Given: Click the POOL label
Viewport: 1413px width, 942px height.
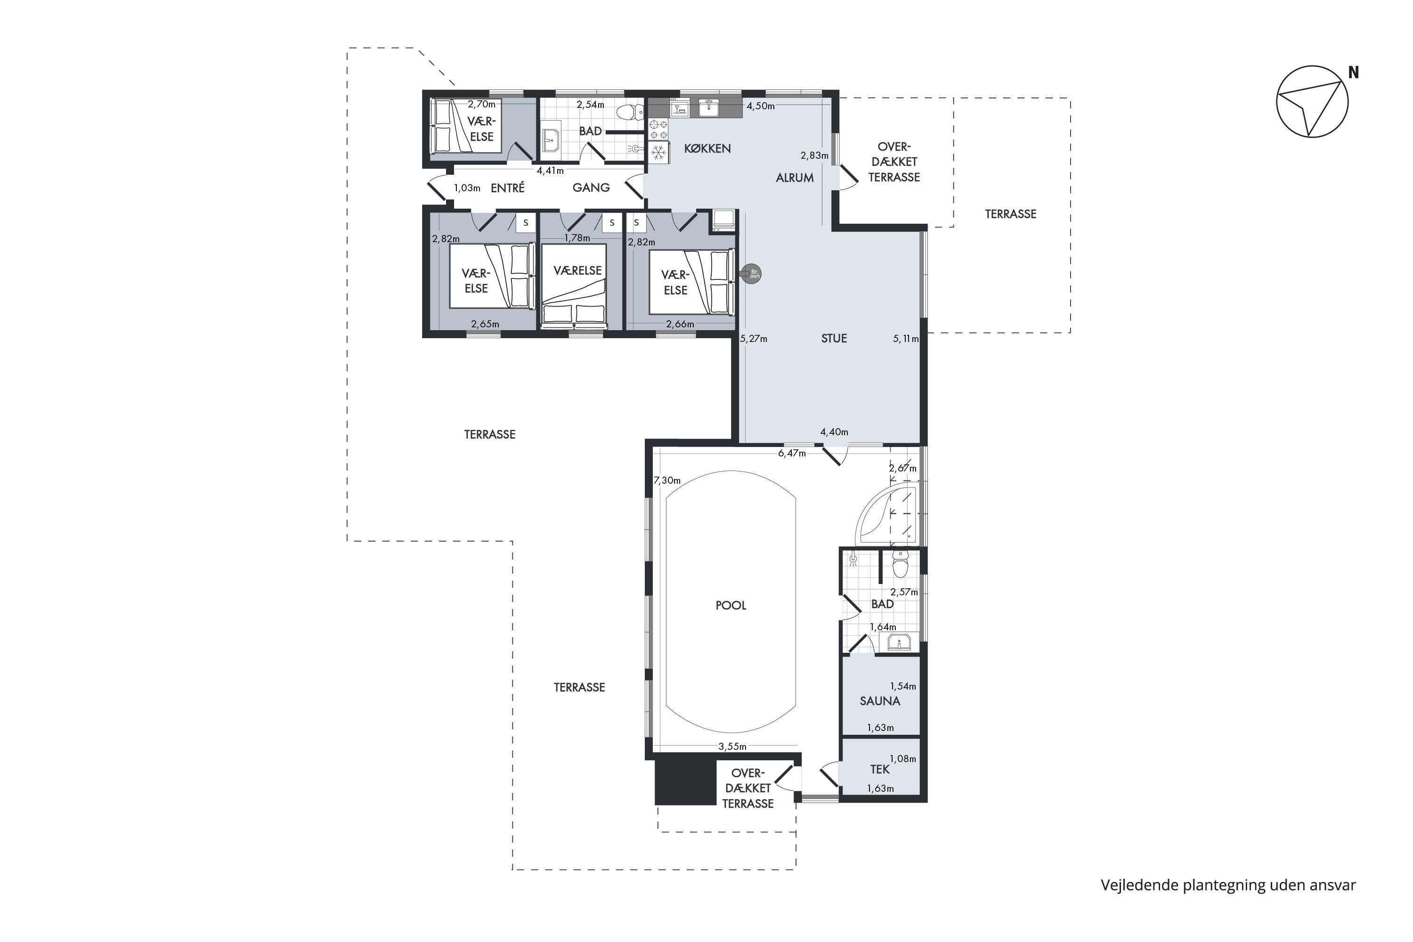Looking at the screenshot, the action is tap(731, 606).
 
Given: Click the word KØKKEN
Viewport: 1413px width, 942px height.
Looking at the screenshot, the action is tap(707, 148).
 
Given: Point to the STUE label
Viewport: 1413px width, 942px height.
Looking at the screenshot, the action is tap(834, 338).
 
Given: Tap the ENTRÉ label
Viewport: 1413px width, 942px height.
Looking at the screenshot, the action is tap(508, 187).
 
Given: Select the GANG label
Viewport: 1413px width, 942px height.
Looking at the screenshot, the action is tap(591, 187).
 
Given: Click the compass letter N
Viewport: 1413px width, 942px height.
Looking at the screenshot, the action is tap(1354, 73).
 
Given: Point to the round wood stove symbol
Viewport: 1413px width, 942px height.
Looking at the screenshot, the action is tap(752, 274).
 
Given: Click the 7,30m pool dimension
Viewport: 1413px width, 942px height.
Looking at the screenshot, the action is tap(667, 480).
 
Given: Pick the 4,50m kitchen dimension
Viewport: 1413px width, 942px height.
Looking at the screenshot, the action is tap(761, 106).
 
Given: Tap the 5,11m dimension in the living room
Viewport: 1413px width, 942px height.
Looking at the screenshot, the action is tap(906, 339).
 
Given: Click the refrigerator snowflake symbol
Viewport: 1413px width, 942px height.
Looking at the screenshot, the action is tap(658, 152).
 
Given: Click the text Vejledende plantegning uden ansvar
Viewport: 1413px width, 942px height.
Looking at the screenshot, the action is tap(1228, 885).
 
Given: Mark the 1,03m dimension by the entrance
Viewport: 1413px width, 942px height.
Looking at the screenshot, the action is tap(467, 188).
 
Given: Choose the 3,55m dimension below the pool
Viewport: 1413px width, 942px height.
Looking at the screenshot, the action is tap(732, 747).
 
